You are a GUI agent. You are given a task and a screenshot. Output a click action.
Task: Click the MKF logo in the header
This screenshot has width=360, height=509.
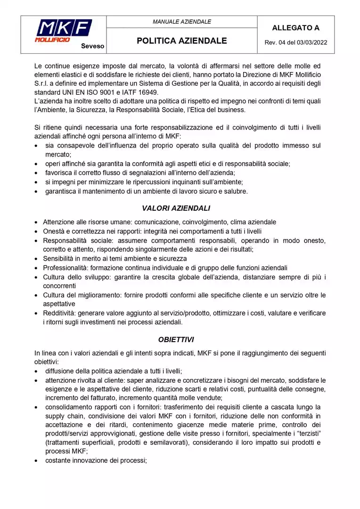coord(64,31)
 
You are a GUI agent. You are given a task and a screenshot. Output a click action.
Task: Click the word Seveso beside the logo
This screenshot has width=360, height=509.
coord(92,46)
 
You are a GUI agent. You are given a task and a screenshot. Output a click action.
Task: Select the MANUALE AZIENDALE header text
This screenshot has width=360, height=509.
coord(182,22)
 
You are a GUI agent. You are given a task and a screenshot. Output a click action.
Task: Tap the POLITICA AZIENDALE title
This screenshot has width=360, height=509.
coord(182,41)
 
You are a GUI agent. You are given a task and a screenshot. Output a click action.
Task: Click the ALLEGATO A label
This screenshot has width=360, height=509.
coord(295,28)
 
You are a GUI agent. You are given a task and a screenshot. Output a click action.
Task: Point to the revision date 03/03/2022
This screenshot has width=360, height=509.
coord(311,43)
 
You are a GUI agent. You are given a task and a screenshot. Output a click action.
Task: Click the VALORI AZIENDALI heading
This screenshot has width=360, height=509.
coord(176,208)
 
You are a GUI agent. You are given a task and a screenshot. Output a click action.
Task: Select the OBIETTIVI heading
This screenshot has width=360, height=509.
coord(176,339)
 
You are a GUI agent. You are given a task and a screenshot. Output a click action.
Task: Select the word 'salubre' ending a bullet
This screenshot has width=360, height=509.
coord(236,191)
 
